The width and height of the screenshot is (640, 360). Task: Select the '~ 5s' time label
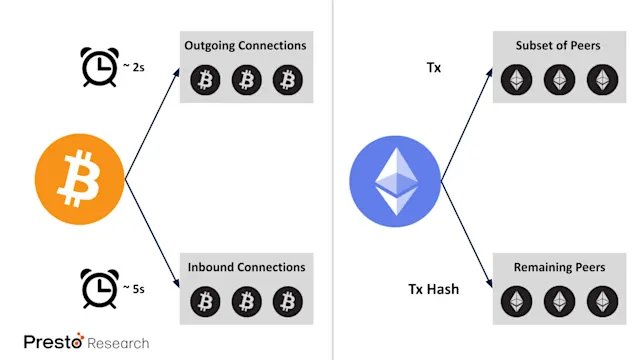pos(134,289)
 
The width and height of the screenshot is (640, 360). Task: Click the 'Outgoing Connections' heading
pos(246,46)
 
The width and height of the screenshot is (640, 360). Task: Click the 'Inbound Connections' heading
pos(246,267)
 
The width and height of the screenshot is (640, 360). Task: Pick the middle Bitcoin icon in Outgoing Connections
pos(246,80)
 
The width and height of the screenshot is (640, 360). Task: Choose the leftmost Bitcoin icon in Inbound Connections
pos(205,300)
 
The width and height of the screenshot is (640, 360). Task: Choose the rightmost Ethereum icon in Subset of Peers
pos(600,80)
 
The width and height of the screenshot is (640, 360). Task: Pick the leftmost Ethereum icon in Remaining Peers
pos(518,300)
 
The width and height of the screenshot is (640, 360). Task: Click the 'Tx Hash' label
pos(434,289)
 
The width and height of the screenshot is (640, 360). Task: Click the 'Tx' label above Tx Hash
pos(435,67)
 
